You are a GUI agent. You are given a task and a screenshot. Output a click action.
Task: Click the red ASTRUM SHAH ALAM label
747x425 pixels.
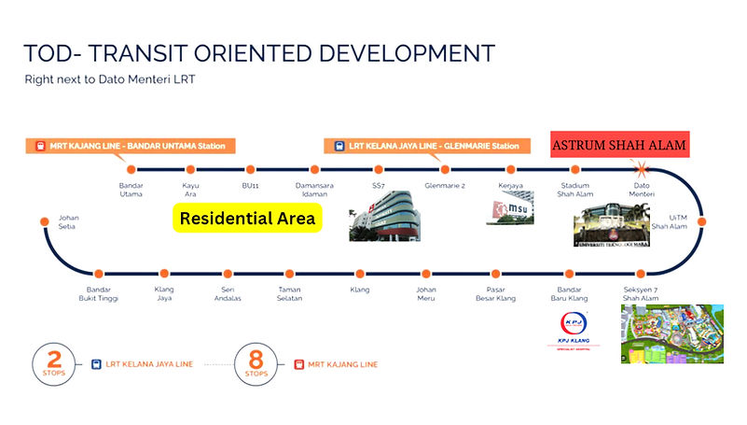click(619, 146)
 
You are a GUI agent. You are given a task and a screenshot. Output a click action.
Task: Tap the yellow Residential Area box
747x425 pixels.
click(247, 220)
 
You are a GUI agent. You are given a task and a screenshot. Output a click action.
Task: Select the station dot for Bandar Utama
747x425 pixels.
click(131, 170)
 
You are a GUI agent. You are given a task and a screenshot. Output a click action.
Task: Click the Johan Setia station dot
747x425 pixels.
click(45, 221)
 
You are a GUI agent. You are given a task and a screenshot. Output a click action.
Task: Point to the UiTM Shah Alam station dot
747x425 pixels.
click(700, 221)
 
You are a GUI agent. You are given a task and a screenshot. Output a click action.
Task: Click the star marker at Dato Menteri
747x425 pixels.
click(642, 170)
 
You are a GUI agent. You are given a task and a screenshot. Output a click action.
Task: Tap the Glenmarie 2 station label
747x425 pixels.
click(445, 185)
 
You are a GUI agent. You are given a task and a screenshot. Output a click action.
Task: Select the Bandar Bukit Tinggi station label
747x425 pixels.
click(99, 293)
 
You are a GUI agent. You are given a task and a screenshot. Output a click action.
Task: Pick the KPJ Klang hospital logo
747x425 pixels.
click(574, 333)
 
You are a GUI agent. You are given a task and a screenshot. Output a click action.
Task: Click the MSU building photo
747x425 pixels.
click(508, 211)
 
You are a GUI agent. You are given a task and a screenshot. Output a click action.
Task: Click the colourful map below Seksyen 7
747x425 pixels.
click(672, 333)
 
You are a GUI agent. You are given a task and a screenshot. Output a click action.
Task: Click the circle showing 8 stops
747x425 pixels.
click(256, 363)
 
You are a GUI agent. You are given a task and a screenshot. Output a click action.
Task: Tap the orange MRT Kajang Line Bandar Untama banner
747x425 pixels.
click(131, 146)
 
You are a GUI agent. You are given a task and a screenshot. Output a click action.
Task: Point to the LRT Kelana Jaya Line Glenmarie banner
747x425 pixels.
click(422, 146)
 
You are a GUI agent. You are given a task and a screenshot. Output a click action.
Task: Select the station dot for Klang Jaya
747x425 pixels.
click(164, 273)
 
